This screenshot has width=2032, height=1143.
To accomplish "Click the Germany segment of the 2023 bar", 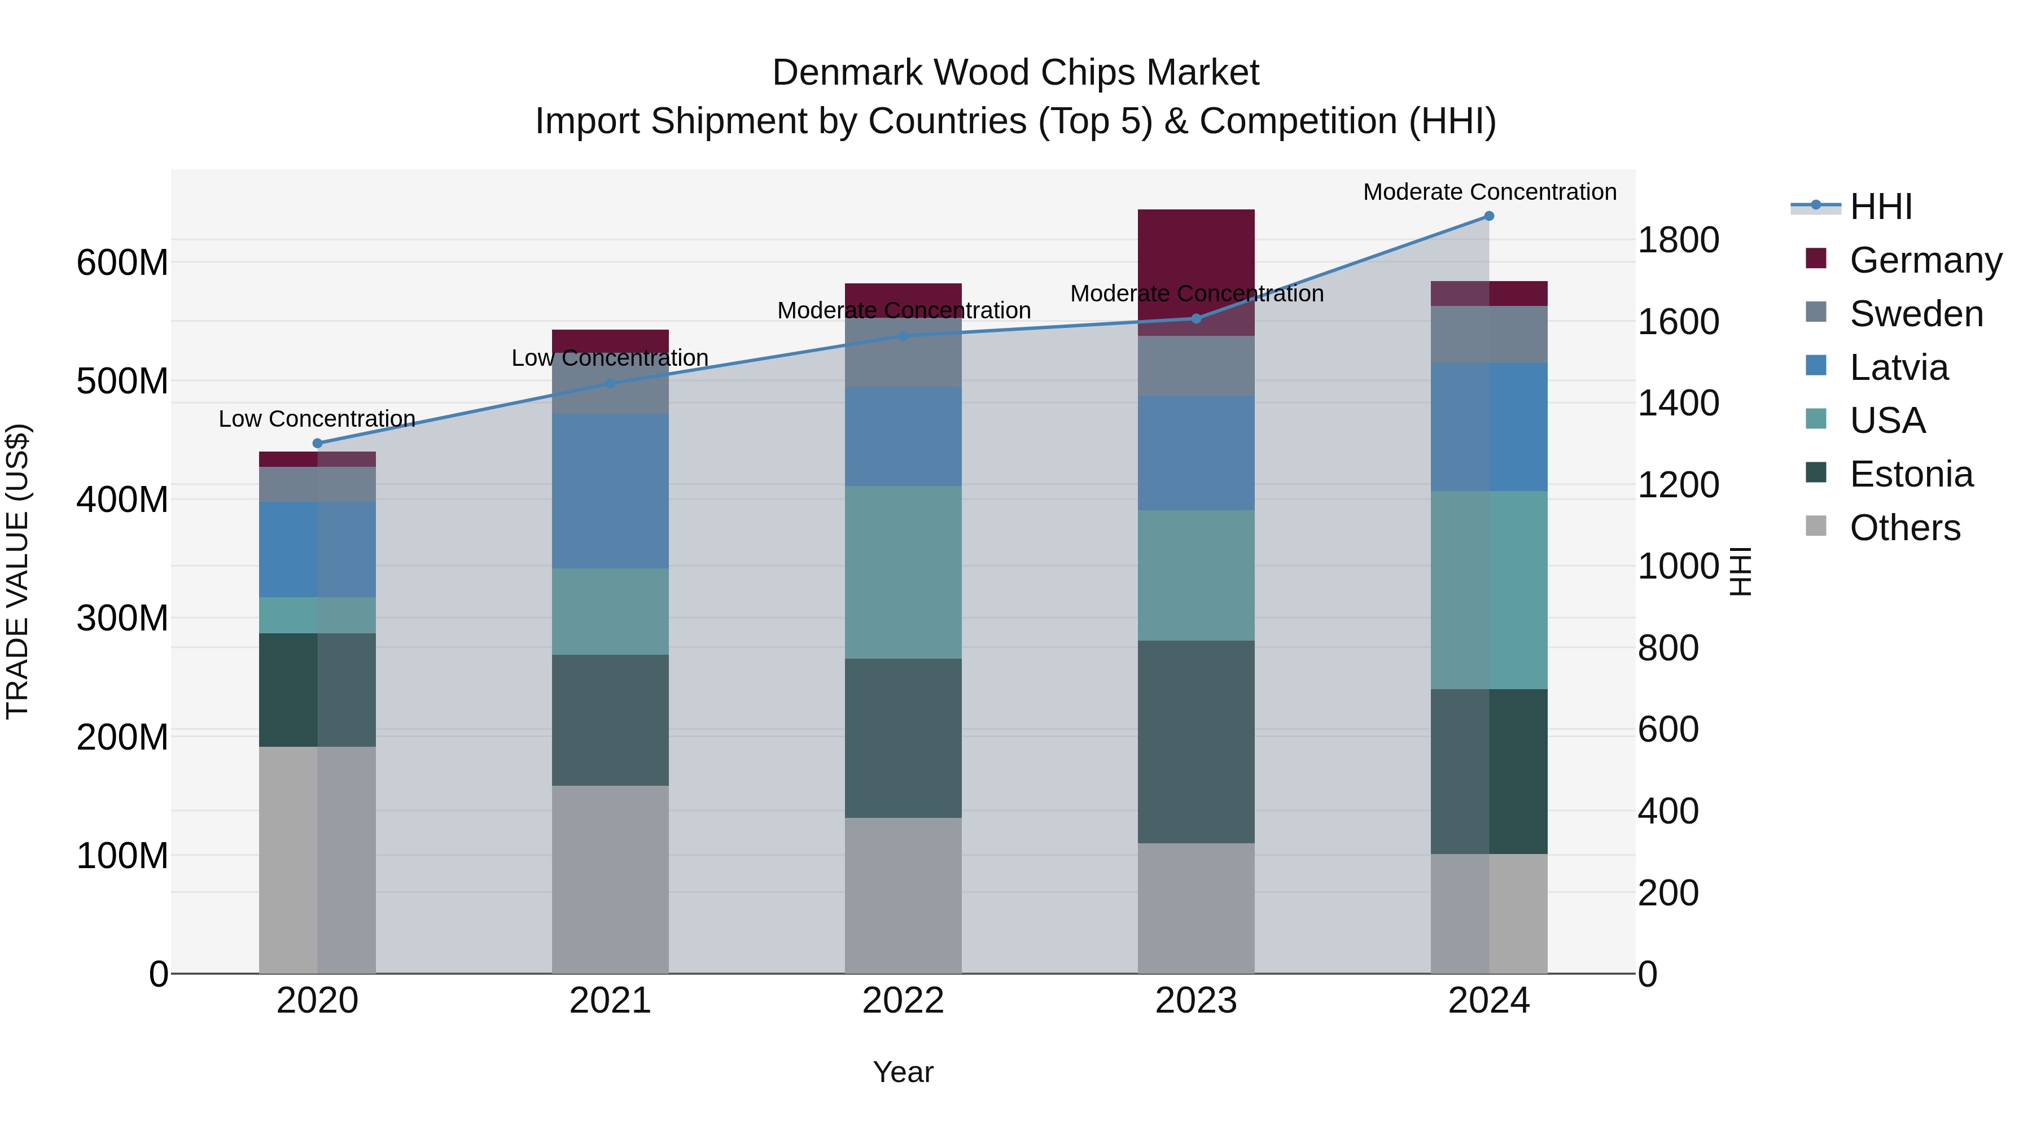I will pos(1196,260).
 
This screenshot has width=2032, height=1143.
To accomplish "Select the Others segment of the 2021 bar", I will pos(610,879).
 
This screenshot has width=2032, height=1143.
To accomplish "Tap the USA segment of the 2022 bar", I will pos(903,572).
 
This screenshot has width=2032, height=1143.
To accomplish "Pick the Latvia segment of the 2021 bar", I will pos(610,491).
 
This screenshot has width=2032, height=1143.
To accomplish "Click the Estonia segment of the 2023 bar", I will pos(1196,742).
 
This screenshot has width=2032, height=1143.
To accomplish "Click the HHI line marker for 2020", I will pos(318,443).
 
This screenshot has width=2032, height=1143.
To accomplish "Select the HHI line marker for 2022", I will pos(903,336).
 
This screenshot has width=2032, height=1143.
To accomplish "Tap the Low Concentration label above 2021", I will pos(610,358).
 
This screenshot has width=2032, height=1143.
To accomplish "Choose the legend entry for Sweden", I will pos(1915,314).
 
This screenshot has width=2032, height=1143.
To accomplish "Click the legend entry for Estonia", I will pos(1911,474).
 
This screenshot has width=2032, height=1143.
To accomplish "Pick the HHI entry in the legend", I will pos(1881,207).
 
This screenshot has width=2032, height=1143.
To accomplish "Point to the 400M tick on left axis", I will pos(122,500).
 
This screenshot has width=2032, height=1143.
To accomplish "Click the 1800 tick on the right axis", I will pos(1678,240).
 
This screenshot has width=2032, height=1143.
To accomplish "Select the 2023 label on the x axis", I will pos(1196,1001).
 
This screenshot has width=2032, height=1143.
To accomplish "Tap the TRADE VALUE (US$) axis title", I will pos(17,571).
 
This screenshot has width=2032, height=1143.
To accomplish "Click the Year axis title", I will pos(903,1072).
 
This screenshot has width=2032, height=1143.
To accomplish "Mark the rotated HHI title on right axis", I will pos(1740,571).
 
